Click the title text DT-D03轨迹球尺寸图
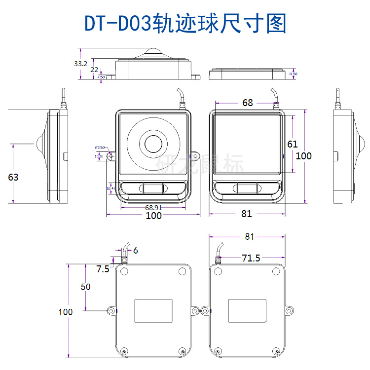pyautogui.click(x=185, y=23)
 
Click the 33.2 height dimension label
pyautogui.click(x=80, y=64)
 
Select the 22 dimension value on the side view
pyautogui.click(x=94, y=70)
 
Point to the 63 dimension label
pyautogui.click(x=13, y=177)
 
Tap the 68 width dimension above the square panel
pyautogui.click(x=247, y=103)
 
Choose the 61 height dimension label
pyautogui.click(x=293, y=144)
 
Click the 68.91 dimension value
pyautogui.click(x=153, y=208)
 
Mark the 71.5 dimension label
pyautogui.click(x=251, y=258)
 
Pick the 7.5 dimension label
pyautogui.click(x=103, y=269)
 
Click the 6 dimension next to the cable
pyautogui.click(x=135, y=251)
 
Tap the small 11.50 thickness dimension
pyautogui.click(x=293, y=74)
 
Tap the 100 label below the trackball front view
pyautogui.click(x=153, y=216)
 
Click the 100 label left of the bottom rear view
pyautogui.click(x=65, y=312)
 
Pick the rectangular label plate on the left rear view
pyautogui.click(x=153, y=311)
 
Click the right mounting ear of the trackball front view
pyautogui.click(x=196, y=157)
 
